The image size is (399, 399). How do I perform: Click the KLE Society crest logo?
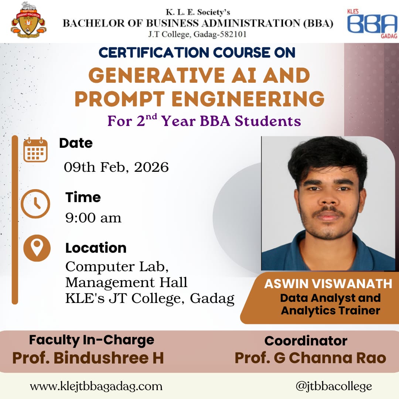[28, 20]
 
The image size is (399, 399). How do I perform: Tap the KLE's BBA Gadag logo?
[372, 23]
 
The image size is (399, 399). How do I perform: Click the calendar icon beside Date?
[35, 150]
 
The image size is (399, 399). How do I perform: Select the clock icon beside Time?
[35, 204]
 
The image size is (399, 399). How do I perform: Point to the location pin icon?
[37, 248]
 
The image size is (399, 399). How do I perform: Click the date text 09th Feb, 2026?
[116, 167]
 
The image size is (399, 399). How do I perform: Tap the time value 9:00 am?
[93, 218]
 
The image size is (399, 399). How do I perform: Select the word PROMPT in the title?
[120, 99]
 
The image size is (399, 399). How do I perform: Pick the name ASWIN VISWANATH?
[328, 284]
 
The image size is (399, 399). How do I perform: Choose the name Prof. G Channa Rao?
[310, 358]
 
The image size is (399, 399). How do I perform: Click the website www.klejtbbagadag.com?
[96, 386]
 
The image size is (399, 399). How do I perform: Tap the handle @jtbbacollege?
[334, 386]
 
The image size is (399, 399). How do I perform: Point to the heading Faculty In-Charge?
[92, 340]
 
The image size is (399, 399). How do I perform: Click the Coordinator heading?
[306, 341]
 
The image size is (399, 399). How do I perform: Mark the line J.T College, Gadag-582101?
[197, 34]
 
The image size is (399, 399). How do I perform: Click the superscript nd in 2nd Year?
[151, 117]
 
